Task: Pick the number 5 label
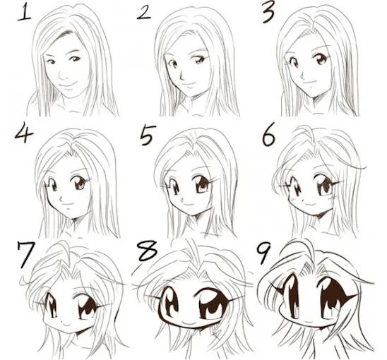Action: point(147,133)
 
